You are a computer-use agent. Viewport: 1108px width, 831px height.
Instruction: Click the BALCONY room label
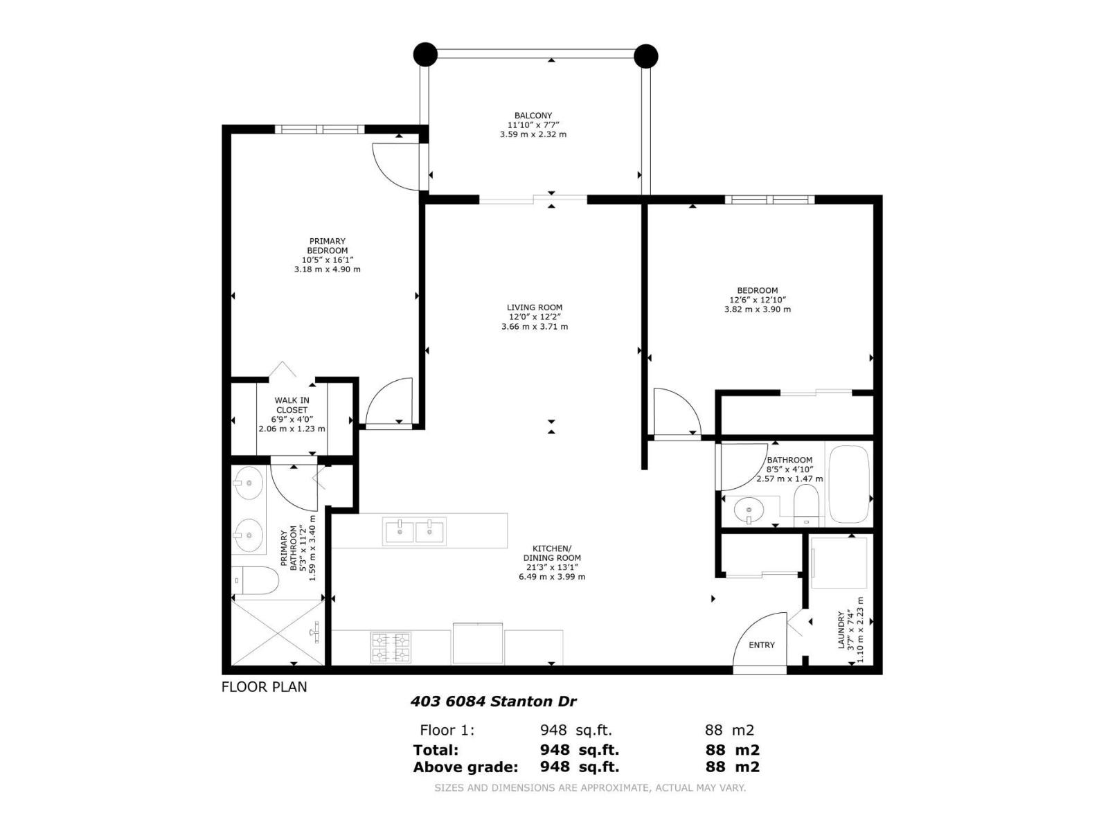click(533, 116)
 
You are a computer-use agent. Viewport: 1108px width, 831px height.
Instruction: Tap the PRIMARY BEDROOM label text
click(328, 246)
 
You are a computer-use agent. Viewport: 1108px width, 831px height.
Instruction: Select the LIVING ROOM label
click(535, 307)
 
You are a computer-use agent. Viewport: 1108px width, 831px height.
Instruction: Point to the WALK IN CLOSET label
click(292, 405)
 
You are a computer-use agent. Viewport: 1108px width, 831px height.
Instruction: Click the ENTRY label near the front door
click(762, 645)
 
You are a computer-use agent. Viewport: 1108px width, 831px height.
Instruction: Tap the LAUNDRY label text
click(842, 630)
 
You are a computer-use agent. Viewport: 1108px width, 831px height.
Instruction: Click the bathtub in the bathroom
click(849, 485)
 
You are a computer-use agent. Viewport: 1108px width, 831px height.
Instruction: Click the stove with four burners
click(391, 647)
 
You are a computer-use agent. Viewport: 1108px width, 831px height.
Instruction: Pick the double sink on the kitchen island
click(414, 531)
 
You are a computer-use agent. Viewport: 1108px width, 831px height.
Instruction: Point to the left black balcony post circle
click(425, 54)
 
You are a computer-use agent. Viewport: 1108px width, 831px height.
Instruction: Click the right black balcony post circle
click(645, 55)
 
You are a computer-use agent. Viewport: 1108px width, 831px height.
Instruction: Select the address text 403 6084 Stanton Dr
click(493, 702)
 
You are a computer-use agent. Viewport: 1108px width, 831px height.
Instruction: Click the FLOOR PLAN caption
click(264, 687)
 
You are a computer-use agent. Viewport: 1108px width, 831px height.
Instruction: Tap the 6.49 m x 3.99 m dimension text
click(552, 576)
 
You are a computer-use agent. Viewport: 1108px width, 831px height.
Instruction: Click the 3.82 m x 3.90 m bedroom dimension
click(757, 310)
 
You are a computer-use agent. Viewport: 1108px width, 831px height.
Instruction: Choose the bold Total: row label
click(436, 750)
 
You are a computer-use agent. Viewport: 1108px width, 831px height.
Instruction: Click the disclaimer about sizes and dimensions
click(589, 787)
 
